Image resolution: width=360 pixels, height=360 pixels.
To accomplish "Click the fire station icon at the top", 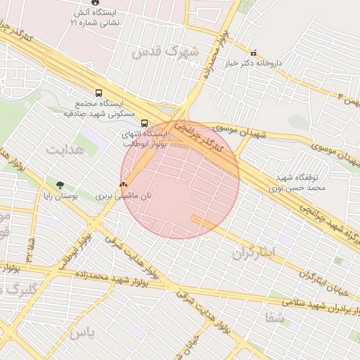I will click(x=95, y=3).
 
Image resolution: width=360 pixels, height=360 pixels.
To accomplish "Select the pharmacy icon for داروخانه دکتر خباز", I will click(x=254, y=52).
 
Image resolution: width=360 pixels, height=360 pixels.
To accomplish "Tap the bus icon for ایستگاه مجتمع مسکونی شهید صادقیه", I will click(x=98, y=92).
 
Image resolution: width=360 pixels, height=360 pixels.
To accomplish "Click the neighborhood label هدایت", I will click(x=65, y=149).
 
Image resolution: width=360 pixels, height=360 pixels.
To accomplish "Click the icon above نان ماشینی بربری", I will click(x=123, y=184).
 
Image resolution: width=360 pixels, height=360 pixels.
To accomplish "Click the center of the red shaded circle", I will click(x=180, y=180).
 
